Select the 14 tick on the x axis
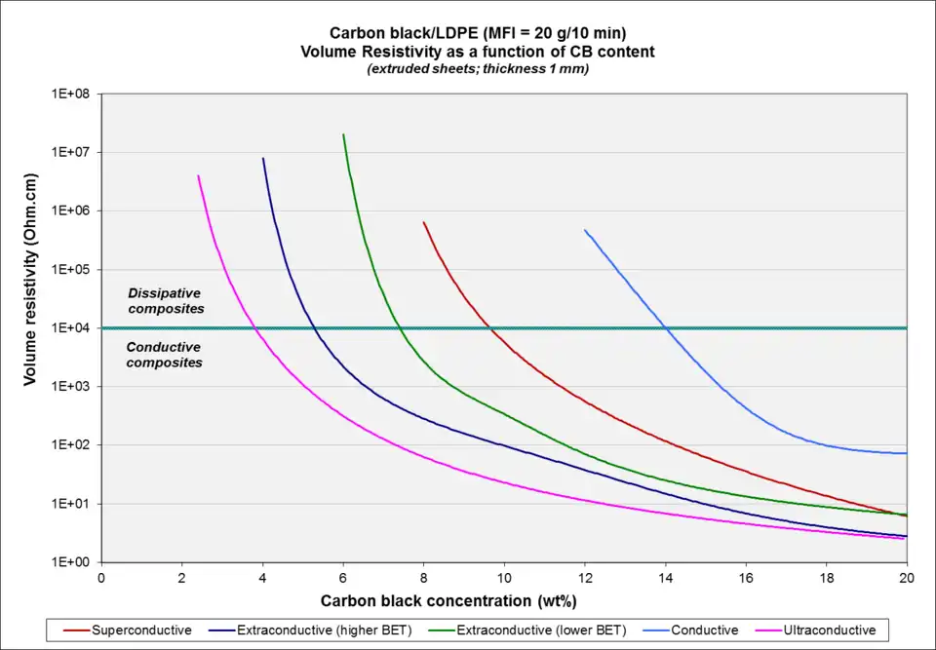[665, 576]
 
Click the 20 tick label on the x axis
[907, 576]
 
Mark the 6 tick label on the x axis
[343, 576]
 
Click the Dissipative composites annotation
[166, 300]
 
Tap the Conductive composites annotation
[165, 355]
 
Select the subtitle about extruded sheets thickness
[478, 69]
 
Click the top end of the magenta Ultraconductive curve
[198, 175]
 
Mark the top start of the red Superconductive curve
[423, 222]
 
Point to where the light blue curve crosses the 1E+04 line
[667, 328]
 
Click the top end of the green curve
[343, 134]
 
